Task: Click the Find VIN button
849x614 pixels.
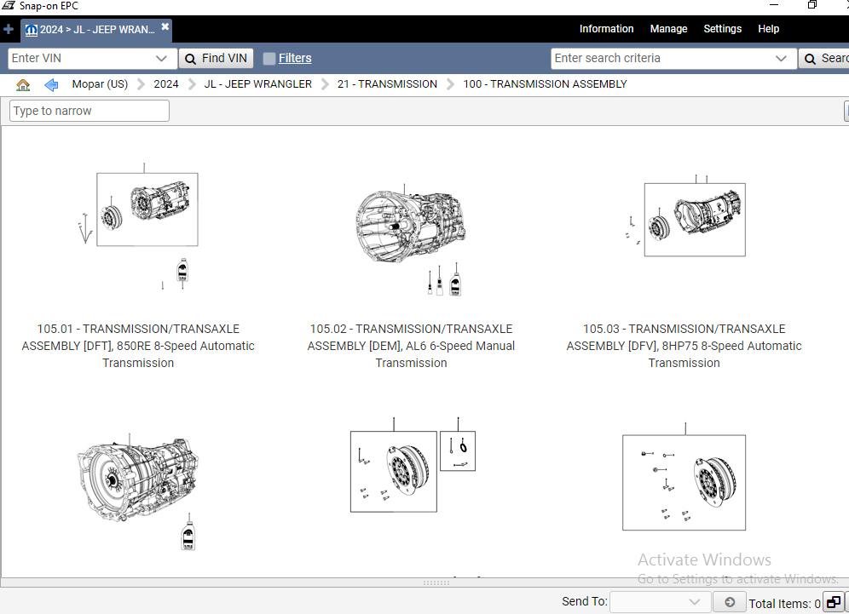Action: coord(216,58)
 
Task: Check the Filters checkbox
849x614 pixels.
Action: coord(269,59)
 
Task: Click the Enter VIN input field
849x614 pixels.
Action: coord(81,58)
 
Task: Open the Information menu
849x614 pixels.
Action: coord(606,29)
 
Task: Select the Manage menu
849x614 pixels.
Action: coord(668,29)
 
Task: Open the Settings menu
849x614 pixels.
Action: coord(722,29)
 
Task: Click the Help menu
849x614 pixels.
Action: coord(768,29)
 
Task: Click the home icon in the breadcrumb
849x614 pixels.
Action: coord(23,84)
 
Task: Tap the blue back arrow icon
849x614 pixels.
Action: coord(51,84)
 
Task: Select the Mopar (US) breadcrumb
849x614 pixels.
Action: coord(100,84)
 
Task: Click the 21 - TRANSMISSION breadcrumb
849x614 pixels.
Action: coord(387,84)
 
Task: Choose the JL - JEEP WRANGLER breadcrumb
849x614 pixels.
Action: coord(257,84)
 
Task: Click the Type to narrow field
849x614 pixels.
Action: coord(90,111)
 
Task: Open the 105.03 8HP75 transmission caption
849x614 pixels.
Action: coord(684,346)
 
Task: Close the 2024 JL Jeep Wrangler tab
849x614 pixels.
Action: coord(165,27)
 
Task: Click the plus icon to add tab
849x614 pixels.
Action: coord(9,29)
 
